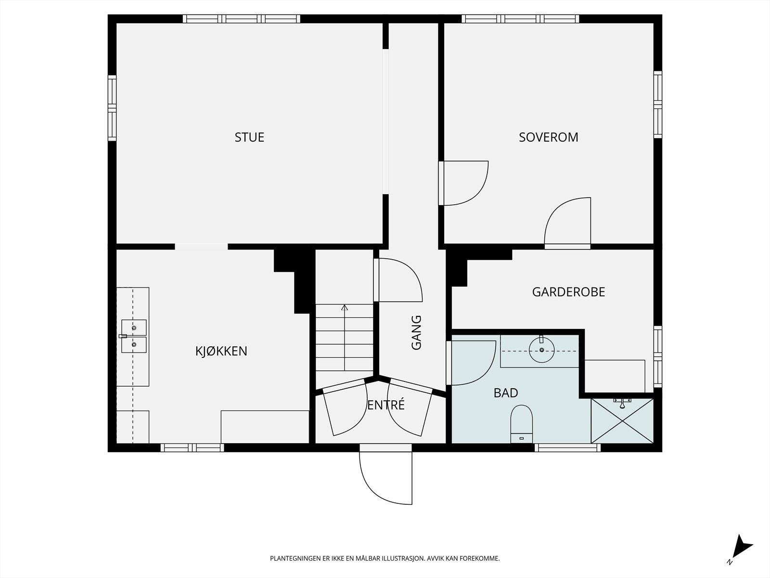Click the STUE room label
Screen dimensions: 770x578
tap(249, 137)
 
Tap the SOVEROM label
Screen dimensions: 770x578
tap(549, 137)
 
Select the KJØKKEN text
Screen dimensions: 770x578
tap(221, 351)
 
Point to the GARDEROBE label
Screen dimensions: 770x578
tap(569, 292)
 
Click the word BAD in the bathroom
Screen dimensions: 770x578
tap(506, 393)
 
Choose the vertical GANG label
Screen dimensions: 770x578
tap(416, 333)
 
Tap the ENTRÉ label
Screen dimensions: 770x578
tap(386, 405)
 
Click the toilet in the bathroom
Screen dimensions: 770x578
tap(521, 424)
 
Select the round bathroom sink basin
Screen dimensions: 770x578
tap(541, 350)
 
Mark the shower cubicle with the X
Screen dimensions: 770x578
tap(622, 421)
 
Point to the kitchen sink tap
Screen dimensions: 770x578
tap(123, 336)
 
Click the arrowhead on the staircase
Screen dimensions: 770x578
tap(345, 308)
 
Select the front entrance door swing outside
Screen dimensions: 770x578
tap(385, 478)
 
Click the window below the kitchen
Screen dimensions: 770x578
tap(192, 448)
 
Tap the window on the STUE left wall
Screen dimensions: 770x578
tap(112, 108)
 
